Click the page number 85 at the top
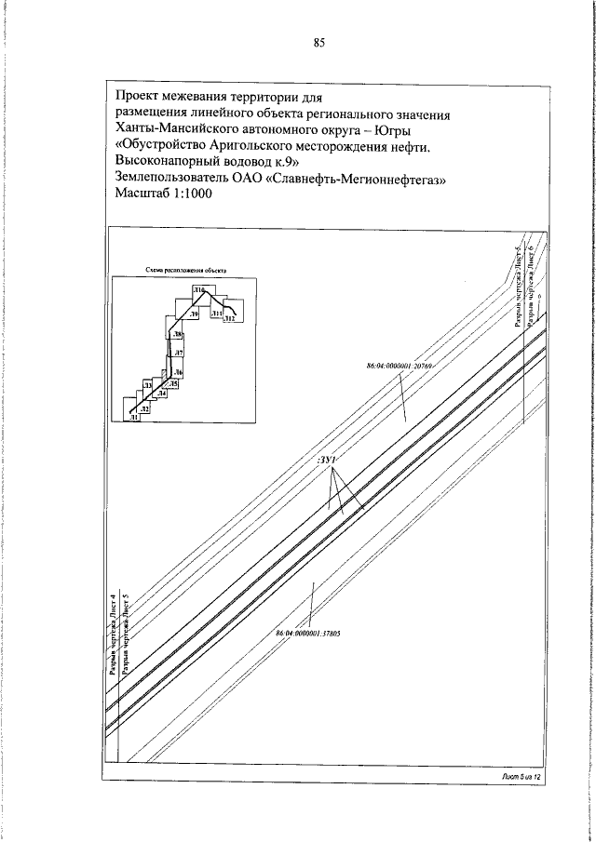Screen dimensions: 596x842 coord(318,42)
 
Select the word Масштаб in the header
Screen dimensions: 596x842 coord(146,194)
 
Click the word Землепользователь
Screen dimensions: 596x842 coord(183,179)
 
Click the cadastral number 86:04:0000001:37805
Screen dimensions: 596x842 coord(307,634)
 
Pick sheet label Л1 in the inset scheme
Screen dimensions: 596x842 coord(134,419)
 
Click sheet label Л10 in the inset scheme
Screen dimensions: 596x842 coord(198,292)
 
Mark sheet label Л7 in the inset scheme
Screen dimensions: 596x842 coord(178,353)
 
